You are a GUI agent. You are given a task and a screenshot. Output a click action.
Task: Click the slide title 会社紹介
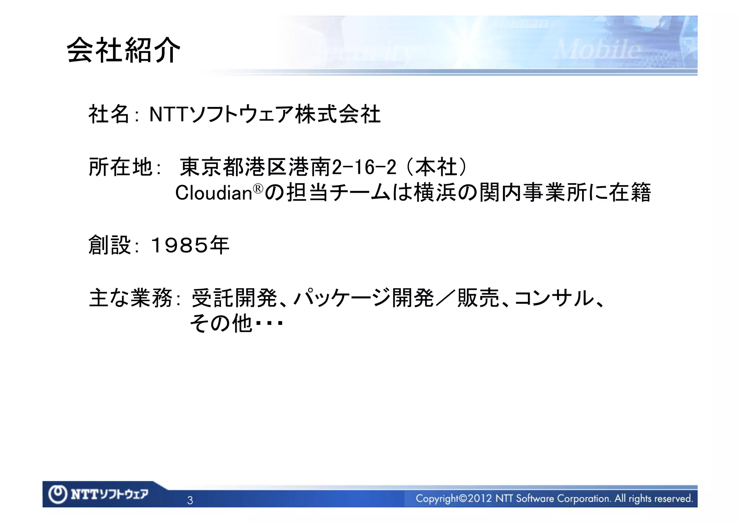pyautogui.click(x=124, y=51)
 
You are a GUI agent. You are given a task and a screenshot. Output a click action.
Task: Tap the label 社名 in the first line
pyautogui.click(x=109, y=115)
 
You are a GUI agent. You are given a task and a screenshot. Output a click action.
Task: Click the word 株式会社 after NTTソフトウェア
pyautogui.click(x=338, y=115)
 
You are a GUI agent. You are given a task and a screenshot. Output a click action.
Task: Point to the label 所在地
pyautogui.click(x=121, y=167)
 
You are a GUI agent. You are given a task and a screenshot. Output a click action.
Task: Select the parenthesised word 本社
pyautogui.click(x=436, y=167)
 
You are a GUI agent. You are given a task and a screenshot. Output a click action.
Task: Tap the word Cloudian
pyautogui.click(x=214, y=193)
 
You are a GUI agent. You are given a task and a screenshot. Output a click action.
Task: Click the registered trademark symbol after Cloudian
pyautogui.click(x=258, y=189)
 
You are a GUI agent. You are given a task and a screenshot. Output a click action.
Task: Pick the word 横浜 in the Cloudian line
pyautogui.click(x=435, y=193)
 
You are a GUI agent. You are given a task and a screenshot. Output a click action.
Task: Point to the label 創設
pyautogui.click(x=109, y=245)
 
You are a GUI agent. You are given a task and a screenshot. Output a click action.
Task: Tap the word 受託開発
pyautogui.click(x=234, y=299)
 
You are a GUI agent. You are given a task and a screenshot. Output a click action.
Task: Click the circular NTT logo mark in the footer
pyautogui.click(x=58, y=494)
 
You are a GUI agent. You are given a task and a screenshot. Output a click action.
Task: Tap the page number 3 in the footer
pyautogui.click(x=190, y=501)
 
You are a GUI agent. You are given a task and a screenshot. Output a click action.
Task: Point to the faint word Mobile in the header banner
pyautogui.click(x=598, y=50)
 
